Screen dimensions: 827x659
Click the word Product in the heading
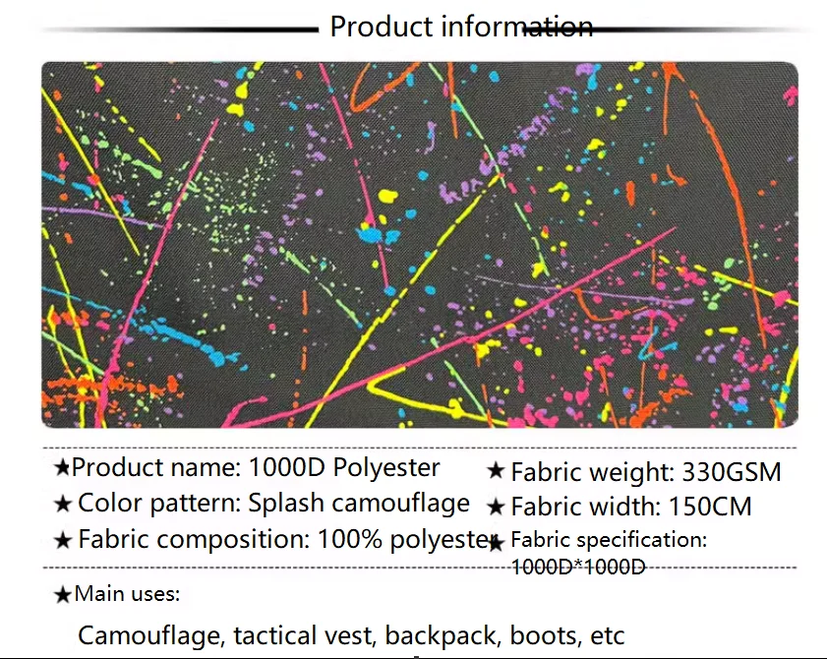click(382, 27)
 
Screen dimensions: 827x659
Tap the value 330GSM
click(732, 472)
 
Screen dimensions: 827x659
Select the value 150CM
click(710, 507)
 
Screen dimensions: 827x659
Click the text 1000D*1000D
click(578, 567)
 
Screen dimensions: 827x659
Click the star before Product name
click(62, 467)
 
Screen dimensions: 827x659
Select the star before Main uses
click(62, 595)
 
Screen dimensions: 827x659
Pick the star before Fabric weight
click(496, 470)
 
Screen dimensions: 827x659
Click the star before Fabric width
click(496, 507)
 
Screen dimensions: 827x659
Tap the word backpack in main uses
click(442, 635)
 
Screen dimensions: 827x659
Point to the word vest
click(350, 635)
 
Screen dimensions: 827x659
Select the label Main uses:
click(127, 594)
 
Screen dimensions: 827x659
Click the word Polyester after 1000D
click(386, 468)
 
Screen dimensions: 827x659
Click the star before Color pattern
click(62, 504)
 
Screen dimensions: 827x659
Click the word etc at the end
click(608, 636)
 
